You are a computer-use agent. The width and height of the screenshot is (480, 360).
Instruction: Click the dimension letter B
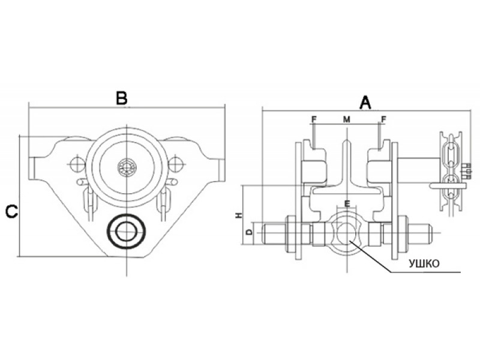122,98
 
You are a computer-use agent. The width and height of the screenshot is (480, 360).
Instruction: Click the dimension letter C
11,211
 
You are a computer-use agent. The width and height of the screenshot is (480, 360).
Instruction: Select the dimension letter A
365,103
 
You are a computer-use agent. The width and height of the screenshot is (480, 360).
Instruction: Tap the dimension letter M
346,119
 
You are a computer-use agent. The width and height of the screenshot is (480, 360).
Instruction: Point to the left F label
313,119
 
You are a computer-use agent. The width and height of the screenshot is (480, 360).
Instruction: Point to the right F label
383,119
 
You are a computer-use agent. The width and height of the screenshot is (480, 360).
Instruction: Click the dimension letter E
347,203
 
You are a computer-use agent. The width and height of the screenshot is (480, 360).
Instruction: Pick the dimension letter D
250,232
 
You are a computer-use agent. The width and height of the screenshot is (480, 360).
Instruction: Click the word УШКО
424,263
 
